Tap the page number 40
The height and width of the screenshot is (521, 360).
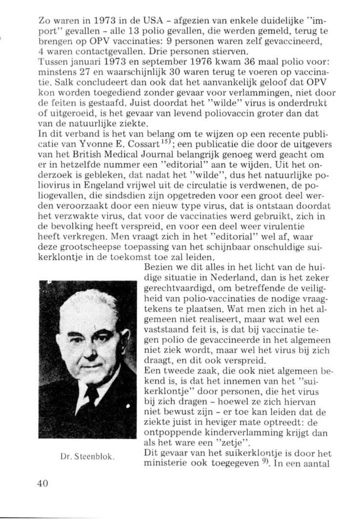[x=42, y=482]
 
